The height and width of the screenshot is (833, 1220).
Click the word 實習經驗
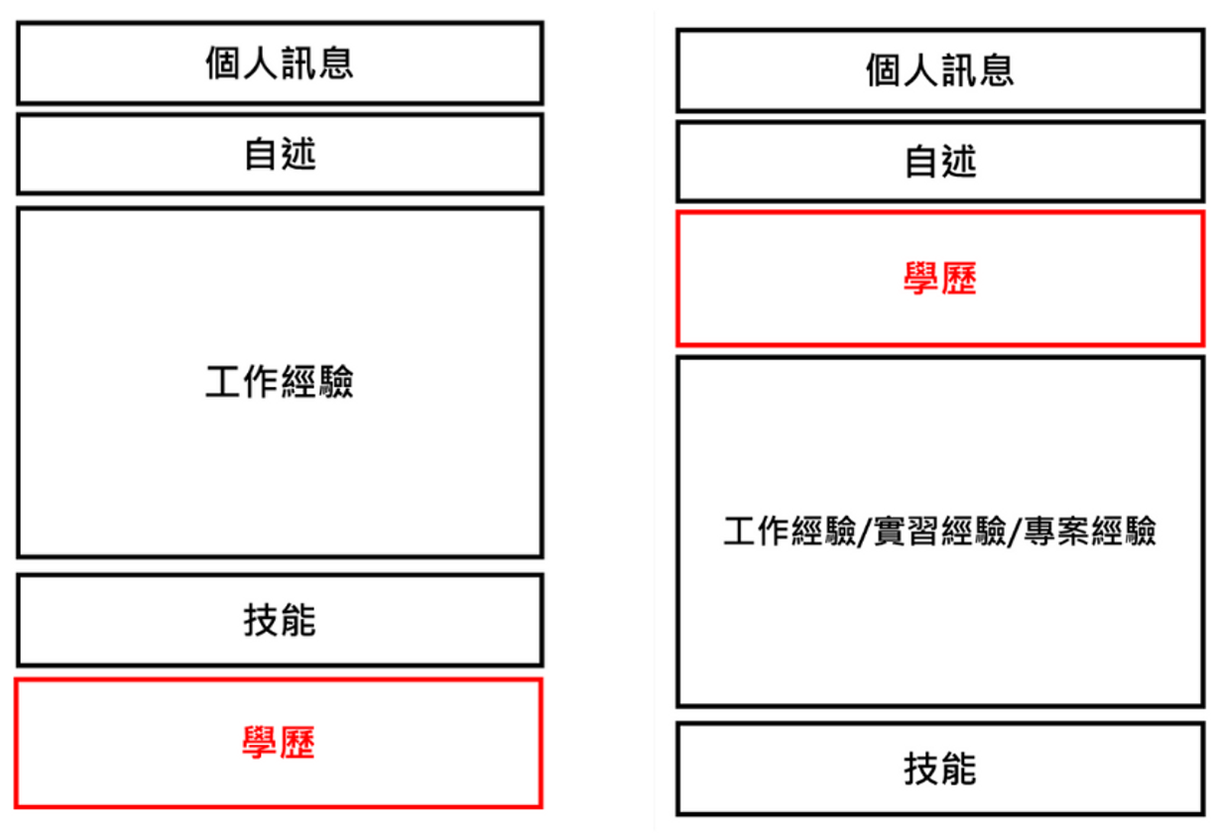[x=940, y=531]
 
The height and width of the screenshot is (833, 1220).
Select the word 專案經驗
[x=1090, y=531]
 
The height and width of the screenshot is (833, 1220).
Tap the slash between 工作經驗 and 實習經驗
[x=864, y=532]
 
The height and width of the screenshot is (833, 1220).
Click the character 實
[x=891, y=531]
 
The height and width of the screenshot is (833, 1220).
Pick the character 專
[x=1040, y=531]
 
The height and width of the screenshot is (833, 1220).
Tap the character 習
[x=923, y=531]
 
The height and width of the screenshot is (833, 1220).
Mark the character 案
[x=1074, y=531]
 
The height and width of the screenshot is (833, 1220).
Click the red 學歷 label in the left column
[x=279, y=742]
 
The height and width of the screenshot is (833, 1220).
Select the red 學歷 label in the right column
[x=940, y=279]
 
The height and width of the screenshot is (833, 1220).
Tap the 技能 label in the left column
[x=280, y=620]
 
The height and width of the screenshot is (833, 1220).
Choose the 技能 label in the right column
[x=940, y=769]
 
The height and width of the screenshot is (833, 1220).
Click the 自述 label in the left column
[x=280, y=154]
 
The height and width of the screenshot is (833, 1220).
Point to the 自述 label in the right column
[x=940, y=162]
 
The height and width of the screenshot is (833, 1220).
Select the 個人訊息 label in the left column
[x=280, y=63]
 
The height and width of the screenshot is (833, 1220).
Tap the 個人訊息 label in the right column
[x=940, y=70]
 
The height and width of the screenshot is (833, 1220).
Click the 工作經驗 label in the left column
[x=280, y=381]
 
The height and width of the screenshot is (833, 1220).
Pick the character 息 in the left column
[x=336, y=63]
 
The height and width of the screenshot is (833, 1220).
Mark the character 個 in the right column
[x=884, y=70]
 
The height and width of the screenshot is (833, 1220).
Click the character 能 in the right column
[x=959, y=769]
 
